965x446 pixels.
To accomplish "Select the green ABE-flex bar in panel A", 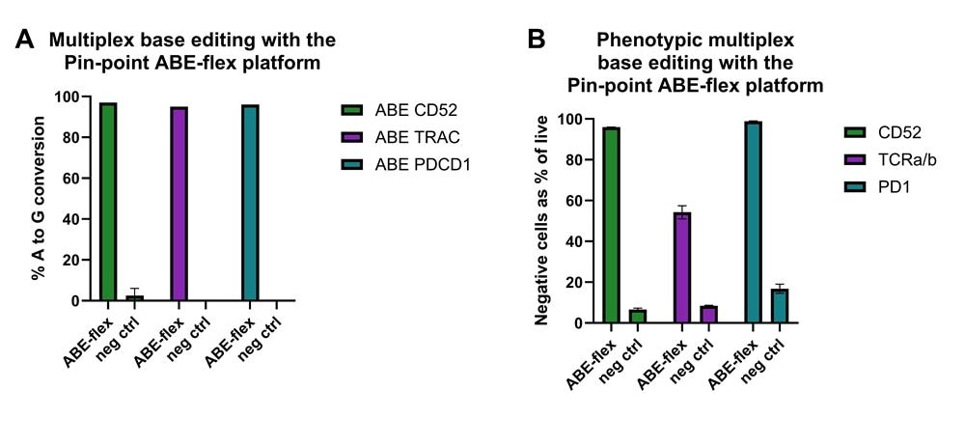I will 108,202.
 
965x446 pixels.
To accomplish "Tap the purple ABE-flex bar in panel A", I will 179,204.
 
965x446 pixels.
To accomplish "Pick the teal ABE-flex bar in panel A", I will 250,203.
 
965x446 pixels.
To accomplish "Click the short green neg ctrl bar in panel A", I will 134,297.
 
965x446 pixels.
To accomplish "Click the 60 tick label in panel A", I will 71,179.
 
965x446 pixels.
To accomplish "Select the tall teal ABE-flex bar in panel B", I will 754,222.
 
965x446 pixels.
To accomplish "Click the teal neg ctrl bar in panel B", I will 780,306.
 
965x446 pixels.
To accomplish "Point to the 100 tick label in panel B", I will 573,120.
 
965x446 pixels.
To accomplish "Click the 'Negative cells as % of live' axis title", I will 542,221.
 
